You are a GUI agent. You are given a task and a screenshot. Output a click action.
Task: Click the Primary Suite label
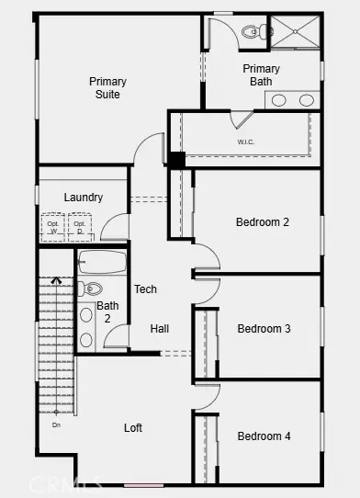pyautogui.click(x=107, y=87)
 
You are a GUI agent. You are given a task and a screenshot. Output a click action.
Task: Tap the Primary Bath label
pyautogui.click(x=261, y=75)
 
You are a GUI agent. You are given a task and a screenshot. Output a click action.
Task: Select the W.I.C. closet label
pyautogui.click(x=246, y=142)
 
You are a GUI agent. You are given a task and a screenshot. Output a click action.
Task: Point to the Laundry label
pyautogui.click(x=83, y=198)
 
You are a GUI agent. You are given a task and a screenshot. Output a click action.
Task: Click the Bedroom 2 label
pyautogui.click(x=263, y=222)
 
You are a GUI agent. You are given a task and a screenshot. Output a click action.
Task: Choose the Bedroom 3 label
pyautogui.click(x=264, y=329)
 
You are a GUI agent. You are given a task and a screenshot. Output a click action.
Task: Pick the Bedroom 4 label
pyautogui.click(x=264, y=436)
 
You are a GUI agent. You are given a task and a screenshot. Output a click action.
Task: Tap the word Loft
pyautogui.click(x=133, y=428)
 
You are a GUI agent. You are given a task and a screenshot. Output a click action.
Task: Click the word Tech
pyautogui.click(x=145, y=289)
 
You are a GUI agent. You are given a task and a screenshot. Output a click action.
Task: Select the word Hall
pyautogui.click(x=160, y=329)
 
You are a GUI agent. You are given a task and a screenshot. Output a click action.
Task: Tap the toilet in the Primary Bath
pyautogui.click(x=253, y=32)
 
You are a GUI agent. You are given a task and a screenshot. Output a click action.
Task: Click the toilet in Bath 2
pyautogui.click(x=92, y=289)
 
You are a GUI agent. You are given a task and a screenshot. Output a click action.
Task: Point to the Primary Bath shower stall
pyautogui.click(x=295, y=33)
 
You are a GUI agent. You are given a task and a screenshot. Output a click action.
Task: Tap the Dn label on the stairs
pyautogui.click(x=56, y=424)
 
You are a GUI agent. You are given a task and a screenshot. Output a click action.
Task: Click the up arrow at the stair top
pyautogui.click(x=56, y=280)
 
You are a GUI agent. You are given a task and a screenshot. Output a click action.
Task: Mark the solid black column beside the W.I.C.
pyautogui.click(x=175, y=159)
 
